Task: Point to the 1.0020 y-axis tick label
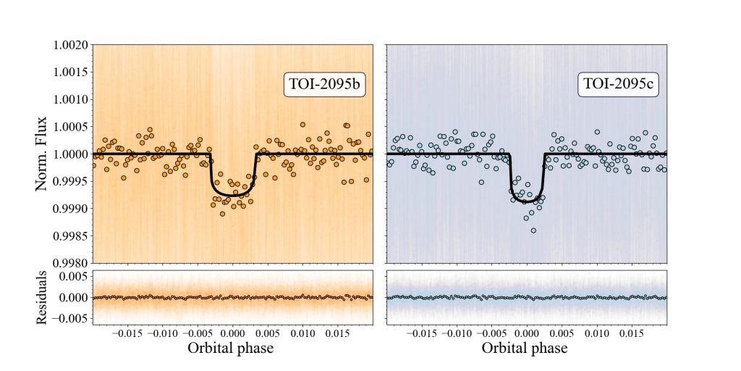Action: click(70, 45)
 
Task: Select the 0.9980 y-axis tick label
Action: click(70, 263)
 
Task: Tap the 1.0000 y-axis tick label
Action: click(70, 154)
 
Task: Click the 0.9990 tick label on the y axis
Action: click(70, 209)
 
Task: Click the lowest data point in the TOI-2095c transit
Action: click(533, 230)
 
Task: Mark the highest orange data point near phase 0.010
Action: click(302, 125)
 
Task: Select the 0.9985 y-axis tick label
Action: click(70, 235)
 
